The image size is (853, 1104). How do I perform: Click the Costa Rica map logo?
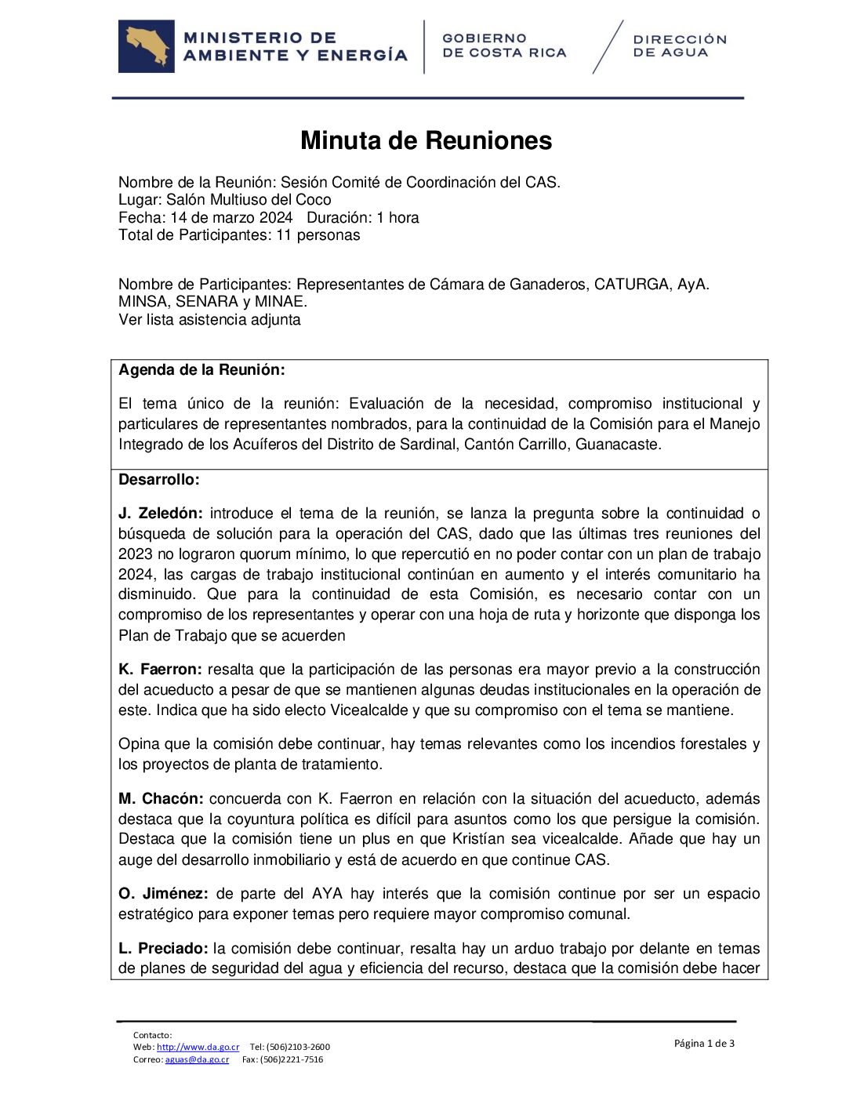click(x=147, y=46)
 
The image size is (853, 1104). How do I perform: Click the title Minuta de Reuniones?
click(x=426, y=140)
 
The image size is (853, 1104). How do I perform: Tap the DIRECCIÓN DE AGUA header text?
click(x=679, y=45)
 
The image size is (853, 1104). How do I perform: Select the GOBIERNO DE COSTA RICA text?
click(x=503, y=45)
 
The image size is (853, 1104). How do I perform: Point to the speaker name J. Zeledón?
click(x=160, y=514)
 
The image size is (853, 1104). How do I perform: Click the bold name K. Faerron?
click(x=160, y=670)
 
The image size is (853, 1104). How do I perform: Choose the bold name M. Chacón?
click(x=161, y=799)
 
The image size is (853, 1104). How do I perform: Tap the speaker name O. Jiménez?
click(x=163, y=894)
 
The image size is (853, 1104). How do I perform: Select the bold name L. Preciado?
click(x=163, y=949)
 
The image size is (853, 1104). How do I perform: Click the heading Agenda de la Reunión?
click(x=201, y=370)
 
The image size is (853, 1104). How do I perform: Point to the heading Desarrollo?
click(x=158, y=480)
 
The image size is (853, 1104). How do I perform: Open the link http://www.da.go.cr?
click(x=198, y=1047)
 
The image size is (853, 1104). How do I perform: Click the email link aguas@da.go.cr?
click(x=197, y=1059)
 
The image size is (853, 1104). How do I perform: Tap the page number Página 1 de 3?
click(x=704, y=1043)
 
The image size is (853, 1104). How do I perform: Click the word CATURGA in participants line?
click(x=631, y=284)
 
